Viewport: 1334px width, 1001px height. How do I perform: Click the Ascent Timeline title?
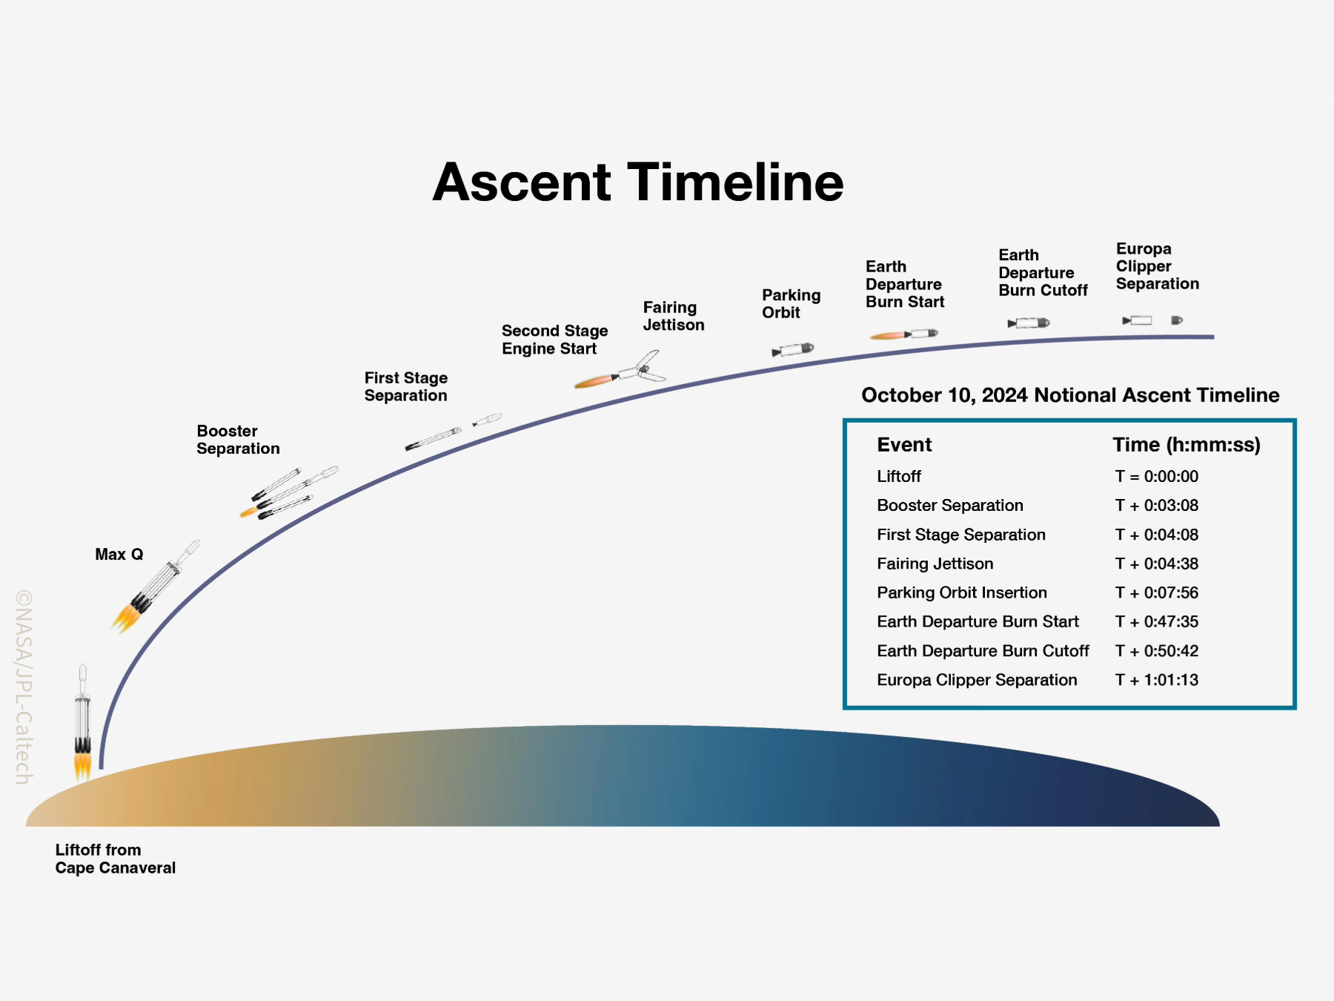click(x=638, y=182)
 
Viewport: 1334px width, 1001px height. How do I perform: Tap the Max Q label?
click(x=119, y=555)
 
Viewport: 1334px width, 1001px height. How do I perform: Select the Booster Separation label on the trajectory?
click(x=238, y=440)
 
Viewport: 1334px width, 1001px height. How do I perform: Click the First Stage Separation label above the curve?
click(x=406, y=386)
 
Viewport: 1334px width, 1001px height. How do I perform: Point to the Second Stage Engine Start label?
click(x=555, y=340)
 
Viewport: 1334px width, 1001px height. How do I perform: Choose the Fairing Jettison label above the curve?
click(x=674, y=316)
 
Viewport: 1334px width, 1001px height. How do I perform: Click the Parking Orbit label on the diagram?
click(x=792, y=304)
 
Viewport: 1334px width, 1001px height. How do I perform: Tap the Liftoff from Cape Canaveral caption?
click(x=116, y=859)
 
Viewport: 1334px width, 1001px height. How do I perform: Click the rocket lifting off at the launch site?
click(x=83, y=722)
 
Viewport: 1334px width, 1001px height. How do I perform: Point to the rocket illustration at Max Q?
click(x=155, y=587)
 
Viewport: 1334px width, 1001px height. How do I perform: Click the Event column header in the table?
click(x=904, y=445)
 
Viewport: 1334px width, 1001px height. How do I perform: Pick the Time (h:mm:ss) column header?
click(x=1187, y=445)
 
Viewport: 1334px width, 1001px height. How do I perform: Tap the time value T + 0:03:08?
click(x=1157, y=506)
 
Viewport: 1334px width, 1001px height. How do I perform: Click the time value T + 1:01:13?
click(x=1157, y=680)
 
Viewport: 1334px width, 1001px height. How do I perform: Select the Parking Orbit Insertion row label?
click(x=962, y=592)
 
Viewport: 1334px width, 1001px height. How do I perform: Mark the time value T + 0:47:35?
click(x=1157, y=621)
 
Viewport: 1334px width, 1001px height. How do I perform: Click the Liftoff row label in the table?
click(x=899, y=476)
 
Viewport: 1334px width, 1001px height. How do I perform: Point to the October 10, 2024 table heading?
click(x=1070, y=395)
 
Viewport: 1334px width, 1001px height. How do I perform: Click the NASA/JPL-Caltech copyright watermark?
click(x=24, y=687)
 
